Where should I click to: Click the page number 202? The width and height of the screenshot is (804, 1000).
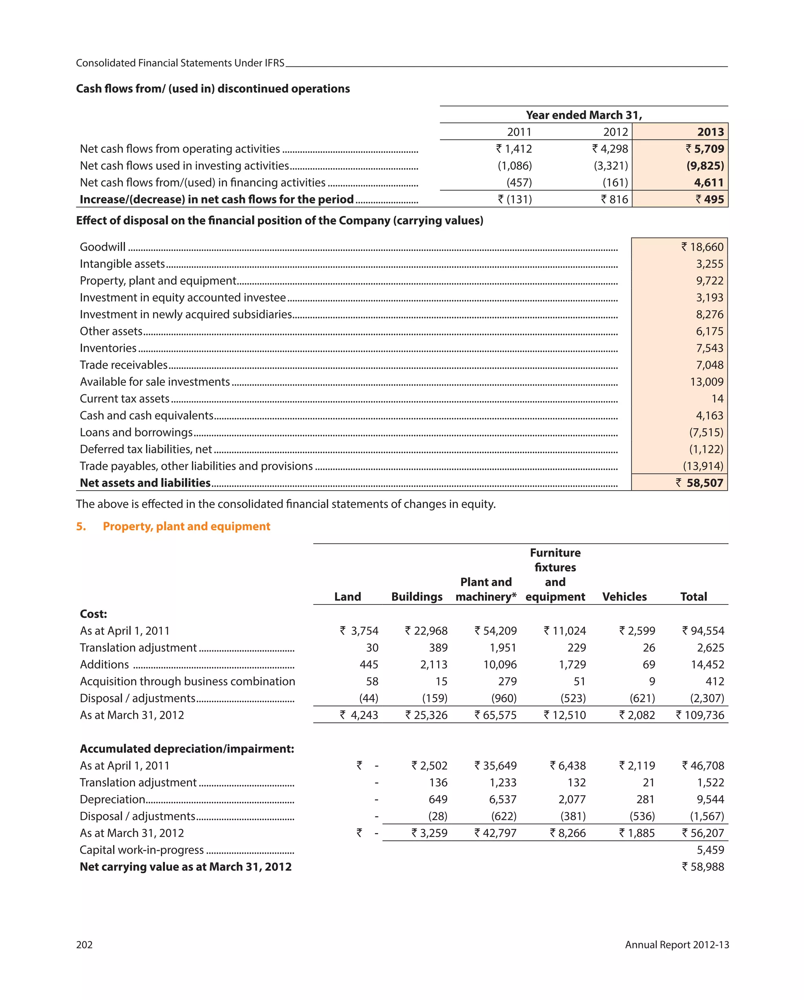[x=84, y=945]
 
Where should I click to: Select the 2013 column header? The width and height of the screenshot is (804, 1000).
[x=710, y=132]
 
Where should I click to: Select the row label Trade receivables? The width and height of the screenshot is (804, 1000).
[x=123, y=365]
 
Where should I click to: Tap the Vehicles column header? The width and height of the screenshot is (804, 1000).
[x=624, y=597]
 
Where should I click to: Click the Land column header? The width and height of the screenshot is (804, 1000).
[x=347, y=597]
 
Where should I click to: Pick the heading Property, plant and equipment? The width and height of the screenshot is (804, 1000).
[x=186, y=526]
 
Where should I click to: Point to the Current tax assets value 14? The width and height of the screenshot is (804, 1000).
[x=717, y=399]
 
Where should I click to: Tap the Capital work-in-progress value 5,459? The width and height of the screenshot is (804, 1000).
[x=710, y=850]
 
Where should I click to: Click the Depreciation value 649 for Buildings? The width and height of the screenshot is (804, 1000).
[x=438, y=800]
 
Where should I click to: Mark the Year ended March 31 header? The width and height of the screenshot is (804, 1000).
[x=583, y=115]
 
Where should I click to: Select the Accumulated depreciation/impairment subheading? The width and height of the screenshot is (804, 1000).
[x=187, y=749]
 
